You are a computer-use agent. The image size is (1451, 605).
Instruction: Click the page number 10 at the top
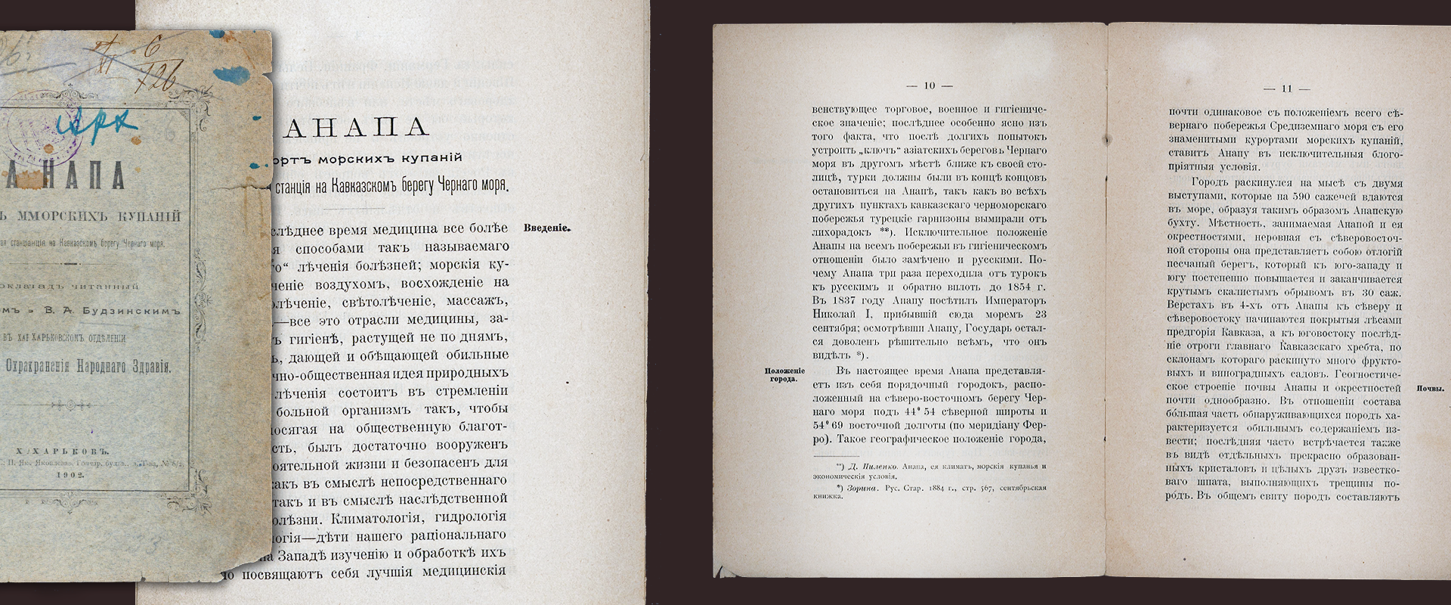point(929,86)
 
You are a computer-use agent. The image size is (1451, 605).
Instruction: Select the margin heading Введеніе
point(546,228)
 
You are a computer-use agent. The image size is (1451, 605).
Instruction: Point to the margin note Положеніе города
point(784,375)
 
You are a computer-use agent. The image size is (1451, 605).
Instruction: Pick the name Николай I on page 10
point(844,314)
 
